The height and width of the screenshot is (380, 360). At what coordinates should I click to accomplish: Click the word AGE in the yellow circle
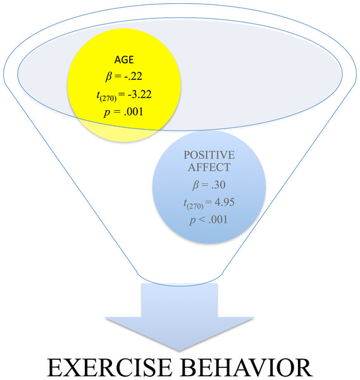point(124,60)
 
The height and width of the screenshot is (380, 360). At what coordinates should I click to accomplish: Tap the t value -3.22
point(140,94)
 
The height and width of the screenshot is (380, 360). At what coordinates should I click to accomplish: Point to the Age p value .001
point(133,112)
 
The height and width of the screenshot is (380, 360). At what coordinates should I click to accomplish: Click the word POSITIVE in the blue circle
point(209,155)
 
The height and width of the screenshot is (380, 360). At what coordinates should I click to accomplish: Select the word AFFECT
point(209,167)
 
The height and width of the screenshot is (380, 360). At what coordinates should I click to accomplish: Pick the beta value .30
point(218,185)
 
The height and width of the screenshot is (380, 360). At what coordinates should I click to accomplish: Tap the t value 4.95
point(225,202)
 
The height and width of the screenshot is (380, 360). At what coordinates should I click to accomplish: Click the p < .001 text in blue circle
point(208,220)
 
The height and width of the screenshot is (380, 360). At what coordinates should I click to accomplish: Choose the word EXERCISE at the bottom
point(109,367)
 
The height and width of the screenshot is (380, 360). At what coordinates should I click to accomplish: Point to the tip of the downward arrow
point(180,351)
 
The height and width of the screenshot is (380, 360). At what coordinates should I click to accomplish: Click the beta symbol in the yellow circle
point(109,77)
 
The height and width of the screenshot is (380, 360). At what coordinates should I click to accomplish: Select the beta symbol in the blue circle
point(196,186)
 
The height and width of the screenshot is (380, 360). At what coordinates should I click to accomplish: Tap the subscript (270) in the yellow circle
point(108,98)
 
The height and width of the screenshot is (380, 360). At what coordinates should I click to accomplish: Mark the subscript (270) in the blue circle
point(195,206)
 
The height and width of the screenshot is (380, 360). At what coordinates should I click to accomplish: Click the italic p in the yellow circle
point(107,113)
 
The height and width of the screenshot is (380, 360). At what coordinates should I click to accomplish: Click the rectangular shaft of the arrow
point(180,300)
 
